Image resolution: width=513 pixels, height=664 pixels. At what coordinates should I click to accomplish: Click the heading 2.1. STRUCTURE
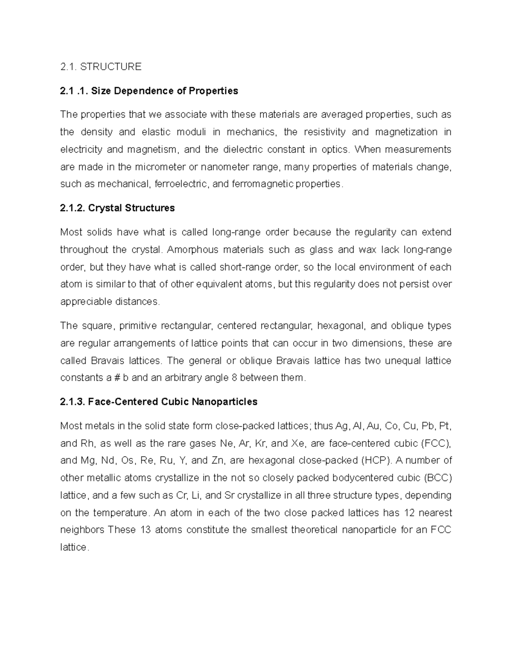point(100,67)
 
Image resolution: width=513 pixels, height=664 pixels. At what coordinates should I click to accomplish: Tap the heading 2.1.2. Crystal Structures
point(118,208)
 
